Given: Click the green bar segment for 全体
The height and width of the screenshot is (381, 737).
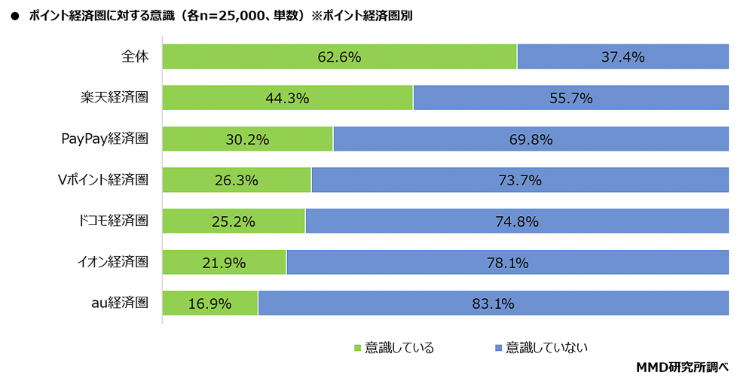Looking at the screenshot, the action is click(x=339, y=56).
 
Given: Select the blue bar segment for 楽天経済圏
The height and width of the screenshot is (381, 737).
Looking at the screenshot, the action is click(x=571, y=98).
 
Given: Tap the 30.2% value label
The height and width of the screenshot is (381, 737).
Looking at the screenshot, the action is click(x=247, y=139).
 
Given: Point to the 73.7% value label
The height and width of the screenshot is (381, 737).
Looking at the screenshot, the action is click(x=520, y=181).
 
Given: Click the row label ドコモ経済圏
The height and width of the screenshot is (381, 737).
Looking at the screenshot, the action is click(x=113, y=221).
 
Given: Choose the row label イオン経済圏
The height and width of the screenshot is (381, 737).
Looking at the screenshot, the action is click(x=113, y=262).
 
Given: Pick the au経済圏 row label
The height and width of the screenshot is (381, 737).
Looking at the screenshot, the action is click(x=120, y=303).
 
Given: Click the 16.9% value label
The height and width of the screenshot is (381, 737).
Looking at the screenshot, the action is click(x=209, y=304).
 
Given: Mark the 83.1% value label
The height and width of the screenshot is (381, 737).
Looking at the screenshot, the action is click(x=493, y=304).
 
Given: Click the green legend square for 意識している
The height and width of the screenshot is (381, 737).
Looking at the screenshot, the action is click(x=357, y=348).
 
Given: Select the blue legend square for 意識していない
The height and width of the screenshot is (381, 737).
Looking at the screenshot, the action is click(x=499, y=348).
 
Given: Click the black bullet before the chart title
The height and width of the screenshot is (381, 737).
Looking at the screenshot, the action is click(x=14, y=16).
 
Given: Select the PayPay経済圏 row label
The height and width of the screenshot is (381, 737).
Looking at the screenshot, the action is click(x=105, y=139).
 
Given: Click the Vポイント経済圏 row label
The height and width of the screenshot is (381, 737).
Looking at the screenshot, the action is click(x=103, y=180).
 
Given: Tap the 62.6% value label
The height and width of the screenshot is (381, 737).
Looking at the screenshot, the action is click(x=339, y=57).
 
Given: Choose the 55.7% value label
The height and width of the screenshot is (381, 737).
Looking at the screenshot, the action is click(x=571, y=98).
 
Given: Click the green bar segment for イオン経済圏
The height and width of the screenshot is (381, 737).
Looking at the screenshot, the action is click(x=225, y=262).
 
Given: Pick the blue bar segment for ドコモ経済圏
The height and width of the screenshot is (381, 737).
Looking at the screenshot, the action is click(x=517, y=221).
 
